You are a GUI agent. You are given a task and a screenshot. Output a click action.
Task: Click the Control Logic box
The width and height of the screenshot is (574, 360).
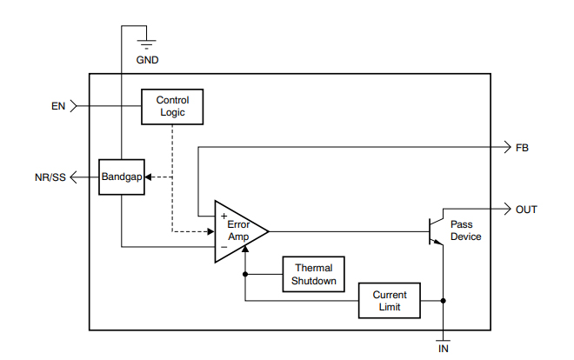[x=172, y=107]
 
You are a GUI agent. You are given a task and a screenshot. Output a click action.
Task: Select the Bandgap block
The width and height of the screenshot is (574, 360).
[x=121, y=177]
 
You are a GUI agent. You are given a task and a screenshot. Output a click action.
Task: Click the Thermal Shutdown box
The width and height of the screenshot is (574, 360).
[x=313, y=274]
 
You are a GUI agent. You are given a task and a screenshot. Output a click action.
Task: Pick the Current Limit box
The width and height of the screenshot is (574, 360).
[x=390, y=301]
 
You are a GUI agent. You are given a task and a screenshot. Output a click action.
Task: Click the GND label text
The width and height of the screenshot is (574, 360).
[x=148, y=60]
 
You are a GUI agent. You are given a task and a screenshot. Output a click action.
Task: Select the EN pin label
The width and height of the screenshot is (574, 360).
[x=58, y=107]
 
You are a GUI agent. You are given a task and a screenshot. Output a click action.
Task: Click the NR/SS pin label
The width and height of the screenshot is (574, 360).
[x=48, y=177]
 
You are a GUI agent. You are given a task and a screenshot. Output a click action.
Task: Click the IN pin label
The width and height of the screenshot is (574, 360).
[x=444, y=349]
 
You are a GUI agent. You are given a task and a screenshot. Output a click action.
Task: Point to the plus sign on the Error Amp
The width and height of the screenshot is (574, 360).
[x=223, y=214]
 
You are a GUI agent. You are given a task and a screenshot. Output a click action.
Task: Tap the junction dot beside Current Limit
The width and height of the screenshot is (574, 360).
[x=444, y=301]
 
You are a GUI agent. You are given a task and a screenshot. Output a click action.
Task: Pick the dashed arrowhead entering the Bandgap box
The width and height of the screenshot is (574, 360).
[x=147, y=177]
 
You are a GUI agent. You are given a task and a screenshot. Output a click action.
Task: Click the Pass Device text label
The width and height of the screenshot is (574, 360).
[x=466, y=230]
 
